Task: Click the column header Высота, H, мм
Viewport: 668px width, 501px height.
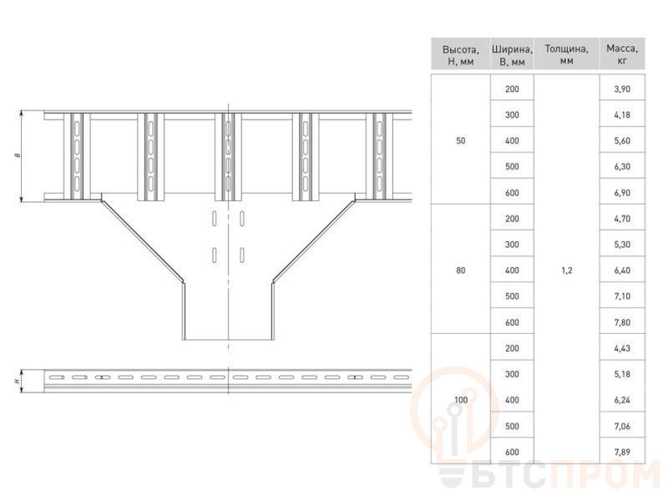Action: tap(461, 55)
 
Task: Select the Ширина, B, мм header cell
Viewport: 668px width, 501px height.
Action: tap(512, 55)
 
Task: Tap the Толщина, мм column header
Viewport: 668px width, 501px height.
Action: tap(567, 54)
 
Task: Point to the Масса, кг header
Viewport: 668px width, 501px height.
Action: tap(622, 54)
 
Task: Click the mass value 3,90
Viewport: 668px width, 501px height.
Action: tap(622, 89)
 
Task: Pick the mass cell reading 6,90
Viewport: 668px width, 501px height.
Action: tap(622, 193)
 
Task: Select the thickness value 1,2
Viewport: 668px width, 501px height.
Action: tap(567, 270)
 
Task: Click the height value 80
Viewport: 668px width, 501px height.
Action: tap(461, 270)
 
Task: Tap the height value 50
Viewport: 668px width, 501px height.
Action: tap(461, 140)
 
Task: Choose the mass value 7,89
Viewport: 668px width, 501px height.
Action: tap(622, 452)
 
